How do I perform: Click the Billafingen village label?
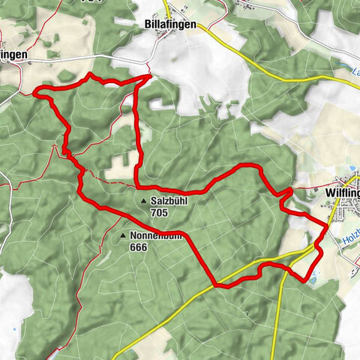(170, 25)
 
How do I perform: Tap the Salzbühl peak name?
(168, 202)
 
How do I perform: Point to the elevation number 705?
(158, 213)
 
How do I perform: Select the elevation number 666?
(138, 247)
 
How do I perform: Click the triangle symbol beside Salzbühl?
(143, 202)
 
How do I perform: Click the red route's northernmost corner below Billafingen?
(151, 75)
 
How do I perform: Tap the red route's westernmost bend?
(36, 93)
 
